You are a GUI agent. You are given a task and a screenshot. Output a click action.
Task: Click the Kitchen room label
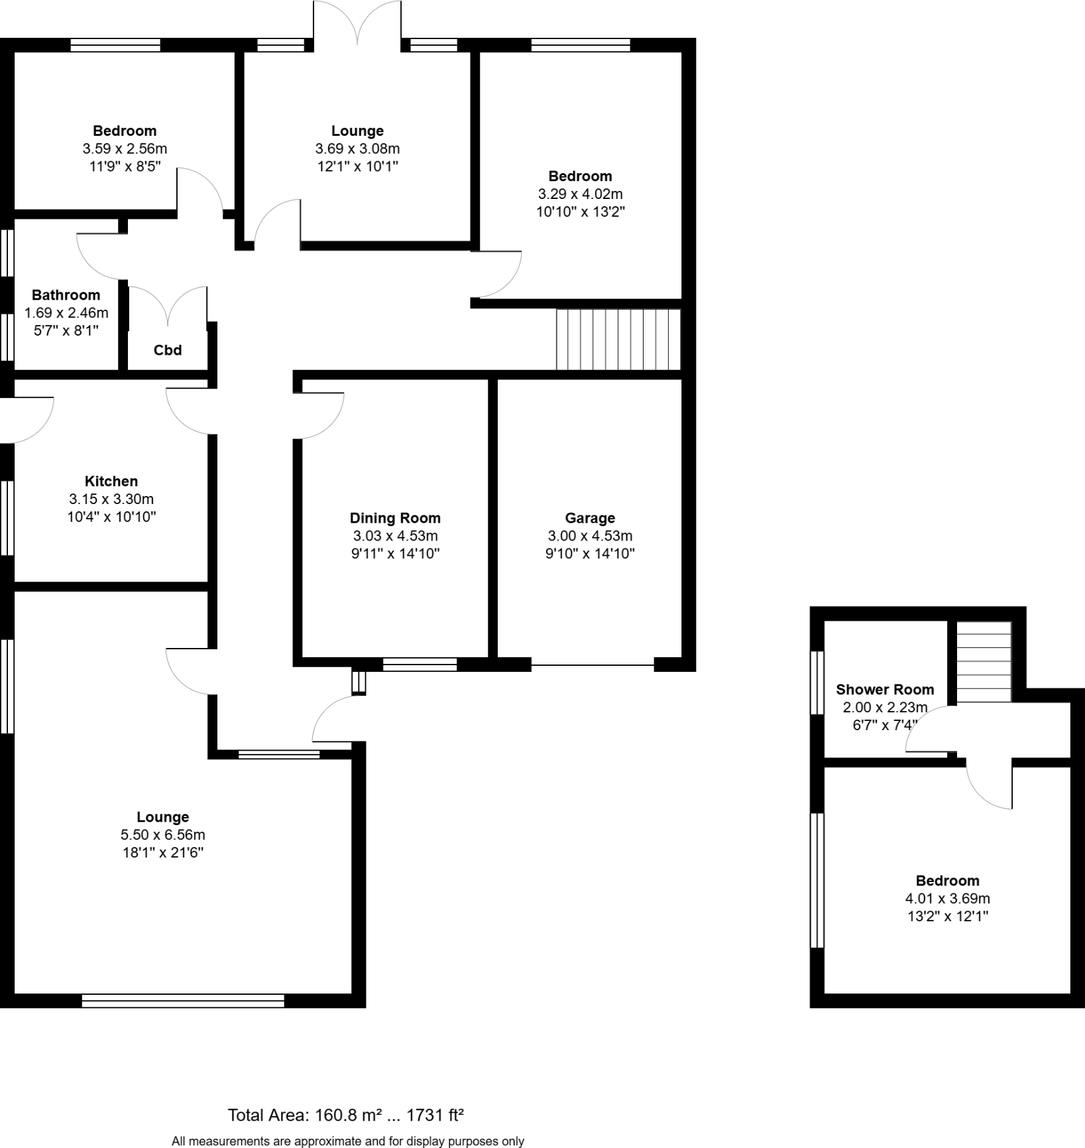point(111,481)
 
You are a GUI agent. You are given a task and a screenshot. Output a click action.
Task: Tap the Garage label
point(590,518)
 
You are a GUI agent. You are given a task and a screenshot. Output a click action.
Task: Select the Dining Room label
point(395,518)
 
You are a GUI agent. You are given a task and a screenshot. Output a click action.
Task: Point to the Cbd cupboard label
point(168,350)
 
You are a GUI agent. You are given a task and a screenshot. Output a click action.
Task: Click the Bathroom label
point(66,295)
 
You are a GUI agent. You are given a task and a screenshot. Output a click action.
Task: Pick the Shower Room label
point(885,690)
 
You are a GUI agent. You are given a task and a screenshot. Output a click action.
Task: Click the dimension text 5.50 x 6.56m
point(162,835)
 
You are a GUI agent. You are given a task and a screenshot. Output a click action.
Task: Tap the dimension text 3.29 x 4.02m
point(580,194)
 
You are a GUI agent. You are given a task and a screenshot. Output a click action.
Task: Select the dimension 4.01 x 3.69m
point(947,899)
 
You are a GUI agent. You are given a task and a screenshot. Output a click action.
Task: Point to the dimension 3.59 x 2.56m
point(125,149)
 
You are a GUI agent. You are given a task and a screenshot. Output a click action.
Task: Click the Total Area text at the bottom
point(345,1116)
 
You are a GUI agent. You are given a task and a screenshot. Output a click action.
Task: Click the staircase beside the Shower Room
point(984,661)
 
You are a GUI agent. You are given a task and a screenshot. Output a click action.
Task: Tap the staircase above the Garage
point(618,339)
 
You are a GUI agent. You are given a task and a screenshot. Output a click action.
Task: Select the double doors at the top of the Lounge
point(357,23)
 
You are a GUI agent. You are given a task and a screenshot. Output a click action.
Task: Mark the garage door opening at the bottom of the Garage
point(593,665)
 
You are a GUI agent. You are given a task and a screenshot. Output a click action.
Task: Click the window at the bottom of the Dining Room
point(420,665)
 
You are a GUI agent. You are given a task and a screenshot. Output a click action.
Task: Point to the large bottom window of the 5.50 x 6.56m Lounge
point(183,1001)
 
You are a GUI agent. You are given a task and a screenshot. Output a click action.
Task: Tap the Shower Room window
point(817,682)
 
